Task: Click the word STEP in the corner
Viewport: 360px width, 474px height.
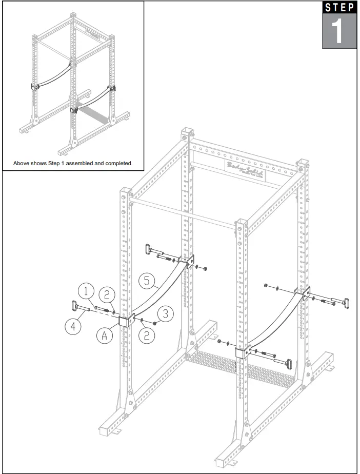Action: point(339,7)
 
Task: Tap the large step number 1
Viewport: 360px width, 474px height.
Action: point(339,31)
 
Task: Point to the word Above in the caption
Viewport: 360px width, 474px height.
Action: point(24,164)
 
